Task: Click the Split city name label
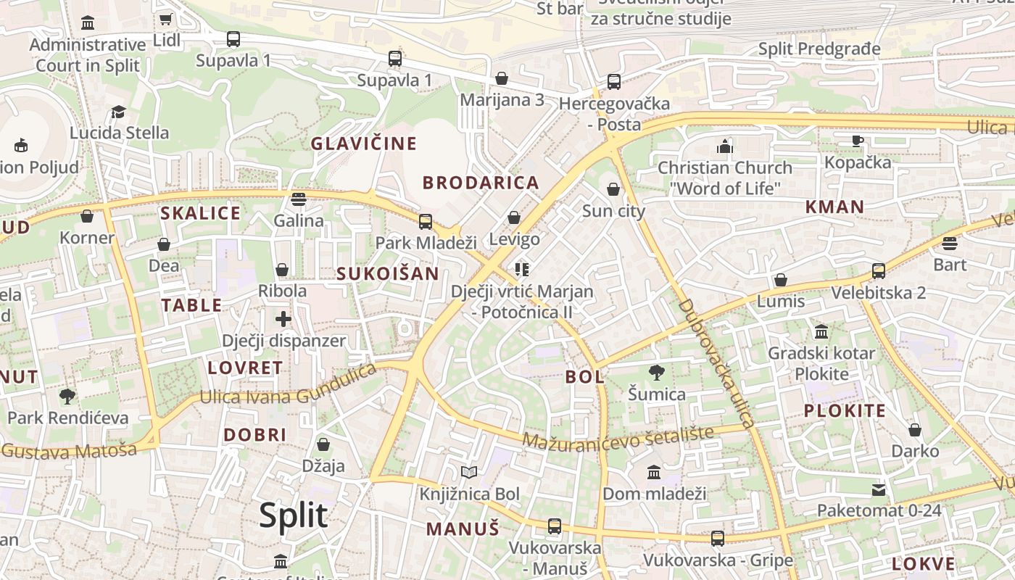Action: click(294, 515)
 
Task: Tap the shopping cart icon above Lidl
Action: click(165, 19)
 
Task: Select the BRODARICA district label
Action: click(481, 183)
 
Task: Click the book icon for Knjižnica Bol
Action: click(469, 473)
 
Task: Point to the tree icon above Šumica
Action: click(656, 373)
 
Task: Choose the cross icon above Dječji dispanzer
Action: click(283, 319)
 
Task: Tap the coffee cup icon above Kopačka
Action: click(857, 141)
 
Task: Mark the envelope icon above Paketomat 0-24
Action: click(879, 489)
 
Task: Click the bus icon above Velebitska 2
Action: click(879, 271)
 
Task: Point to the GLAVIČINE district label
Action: click(364, 144)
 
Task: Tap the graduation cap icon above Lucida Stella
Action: click(118, 112)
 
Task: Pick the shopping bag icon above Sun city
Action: click(613, 190)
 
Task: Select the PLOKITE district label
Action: click(845, 411)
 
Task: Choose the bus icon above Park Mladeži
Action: click(426, 221)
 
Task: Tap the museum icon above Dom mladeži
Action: click(654, 473)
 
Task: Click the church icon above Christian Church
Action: click(724, 146)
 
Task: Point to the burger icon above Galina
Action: click(299, 199)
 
